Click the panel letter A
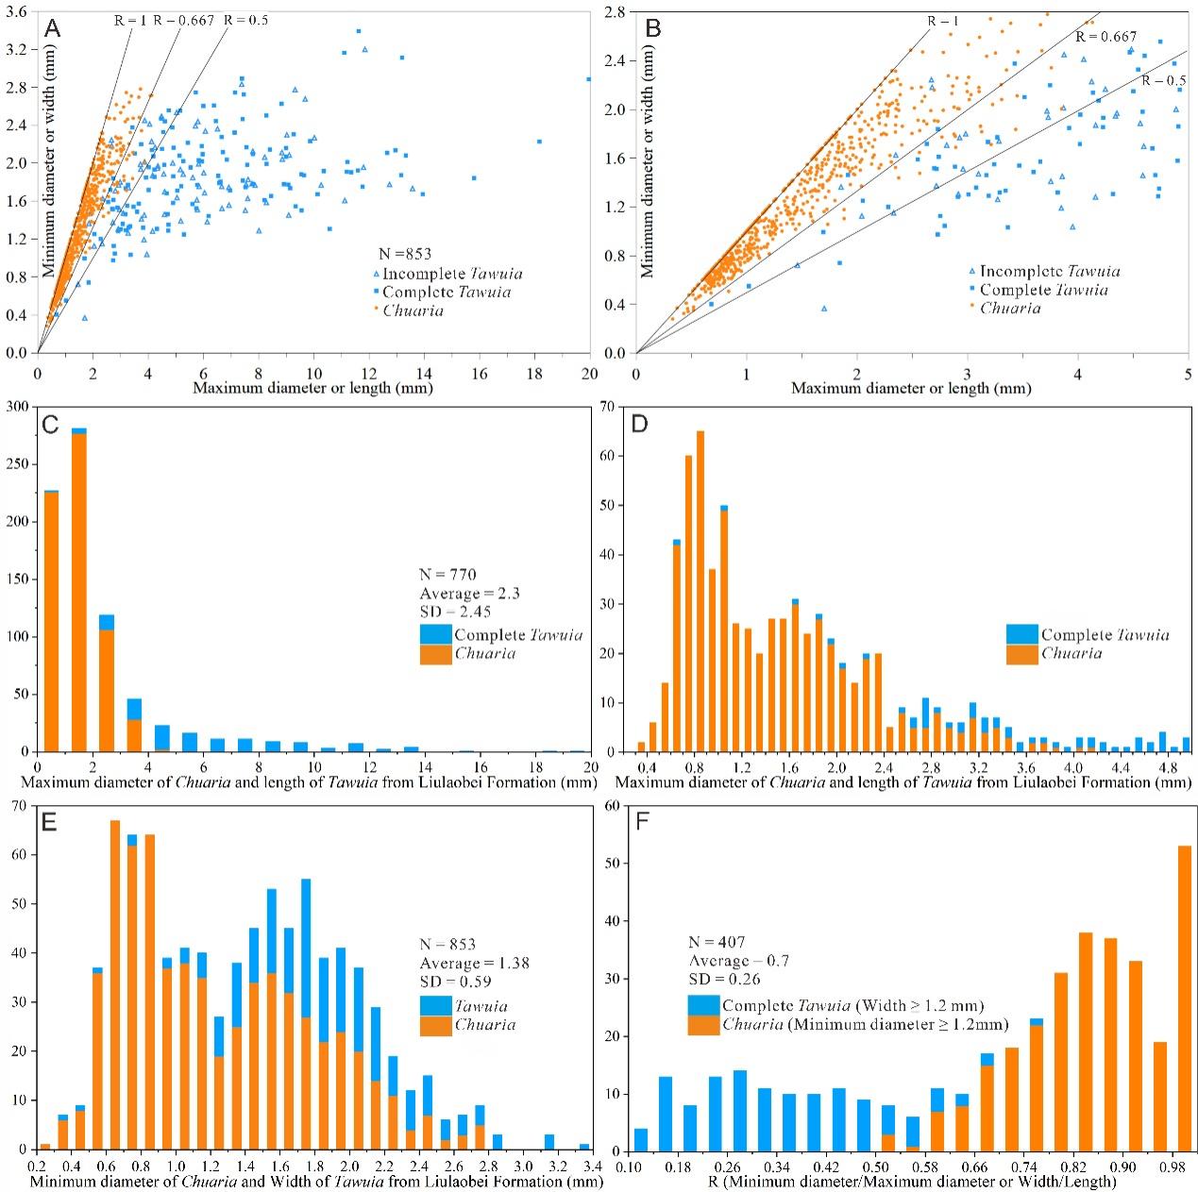pos(53,27)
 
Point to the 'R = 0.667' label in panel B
pos(1105,37)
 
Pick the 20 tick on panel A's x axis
pos(590,374)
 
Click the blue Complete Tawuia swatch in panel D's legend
pos(1021,635)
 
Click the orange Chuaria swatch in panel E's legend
pos(436,1023)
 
